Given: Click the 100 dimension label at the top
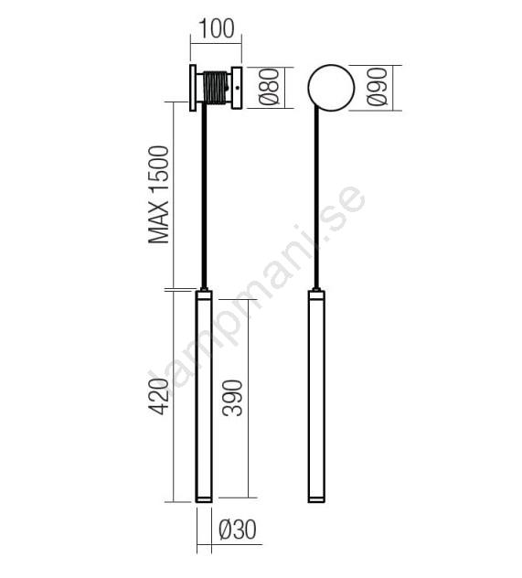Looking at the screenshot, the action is (x=217, y=28).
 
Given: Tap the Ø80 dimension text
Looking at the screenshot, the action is (x=269, y=87).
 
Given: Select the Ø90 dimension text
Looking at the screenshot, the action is (x=378, y=87).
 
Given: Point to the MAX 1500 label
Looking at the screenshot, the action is (x=159, y=195).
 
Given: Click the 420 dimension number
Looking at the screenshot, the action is (x=159, y=396).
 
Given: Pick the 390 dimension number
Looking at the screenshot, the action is (x=232, y=399).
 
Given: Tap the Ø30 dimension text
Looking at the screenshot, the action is (x=237, y=530).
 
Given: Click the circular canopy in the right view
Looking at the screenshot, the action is (x=331, y=88).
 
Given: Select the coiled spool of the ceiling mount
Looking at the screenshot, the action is (x=216, y=88).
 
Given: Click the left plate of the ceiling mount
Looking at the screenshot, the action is (x=193, y=88).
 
